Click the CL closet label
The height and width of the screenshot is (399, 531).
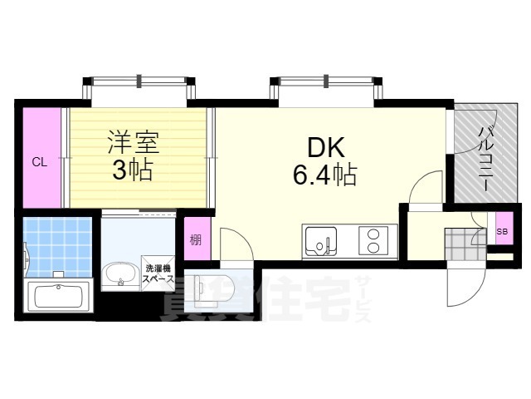pos(39,162)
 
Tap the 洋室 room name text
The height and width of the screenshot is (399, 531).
pos(132,140)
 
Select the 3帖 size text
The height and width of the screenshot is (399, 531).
pos(132,172)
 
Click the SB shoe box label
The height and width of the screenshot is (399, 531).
pos(501,231)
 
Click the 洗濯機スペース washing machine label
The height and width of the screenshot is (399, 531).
pos(158,274)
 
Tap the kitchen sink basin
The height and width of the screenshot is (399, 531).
pos(319,242)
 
